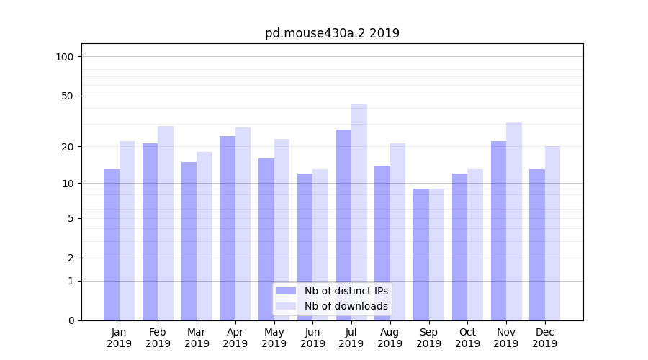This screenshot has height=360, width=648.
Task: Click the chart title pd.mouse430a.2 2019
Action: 332,33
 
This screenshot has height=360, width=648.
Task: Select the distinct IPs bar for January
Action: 112,245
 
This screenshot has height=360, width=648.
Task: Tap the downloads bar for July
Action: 359,212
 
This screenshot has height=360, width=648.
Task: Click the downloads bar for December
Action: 552,233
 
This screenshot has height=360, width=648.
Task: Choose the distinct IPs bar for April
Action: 228,228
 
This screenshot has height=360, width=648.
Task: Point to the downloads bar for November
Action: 514,221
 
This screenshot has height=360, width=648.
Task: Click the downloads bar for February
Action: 166,223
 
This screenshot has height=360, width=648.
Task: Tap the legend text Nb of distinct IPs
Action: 346,291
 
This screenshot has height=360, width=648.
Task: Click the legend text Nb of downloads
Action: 346,306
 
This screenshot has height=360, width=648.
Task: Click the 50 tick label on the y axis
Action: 68,96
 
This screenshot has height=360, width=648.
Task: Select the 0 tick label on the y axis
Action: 71,320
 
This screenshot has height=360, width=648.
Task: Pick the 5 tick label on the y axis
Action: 71,218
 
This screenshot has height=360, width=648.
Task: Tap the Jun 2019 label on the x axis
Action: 312,338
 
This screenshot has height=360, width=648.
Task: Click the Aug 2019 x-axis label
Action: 390,338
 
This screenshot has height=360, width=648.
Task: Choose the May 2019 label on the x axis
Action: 274,338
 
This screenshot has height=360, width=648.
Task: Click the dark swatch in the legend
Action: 286,291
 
